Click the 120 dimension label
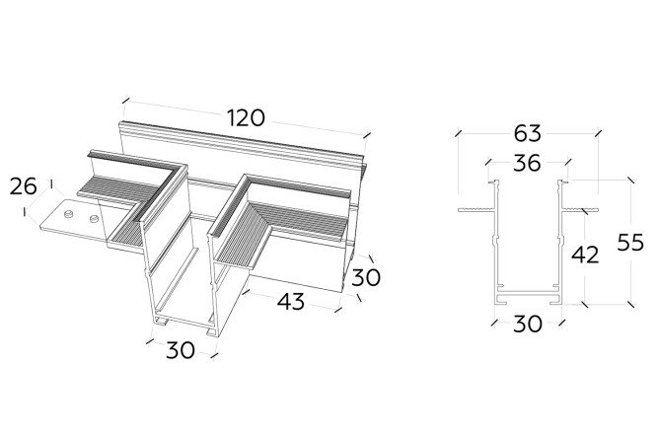tap(246, 117)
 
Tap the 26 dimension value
tap(23, 186)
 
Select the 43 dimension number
tap(291, 301)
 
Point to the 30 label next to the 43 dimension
tap(366, 277)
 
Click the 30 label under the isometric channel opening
tap(181, 349)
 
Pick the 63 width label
tap(527, 133)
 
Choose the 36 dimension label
tap(527, 163)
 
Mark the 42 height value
tap(585, 255)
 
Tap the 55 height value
tap(629, 243)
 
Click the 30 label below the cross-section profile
tap(527, 324)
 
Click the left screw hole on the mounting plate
tap(68, 214)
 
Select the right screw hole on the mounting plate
tap(95, 218)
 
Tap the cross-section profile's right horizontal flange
tap(580, 209)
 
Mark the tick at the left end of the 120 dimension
tap(125, 100)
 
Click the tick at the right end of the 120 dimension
tap(367, 135)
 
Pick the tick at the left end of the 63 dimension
tap(459, 133)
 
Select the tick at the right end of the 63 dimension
tap(598, 133)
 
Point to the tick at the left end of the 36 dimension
tap(488, 161)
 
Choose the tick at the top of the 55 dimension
tap(631, 181)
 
